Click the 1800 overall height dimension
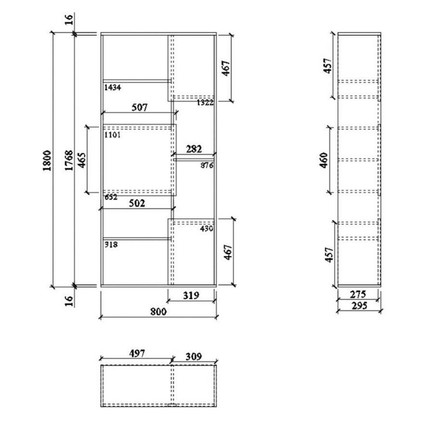[47, 160]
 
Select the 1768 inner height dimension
[68, 160]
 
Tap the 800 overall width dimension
[158, 311]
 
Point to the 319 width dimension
[191, 295]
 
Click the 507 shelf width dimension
[139, 107]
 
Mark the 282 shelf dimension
[194, 149]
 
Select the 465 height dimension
[83, 160]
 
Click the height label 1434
[112, 88]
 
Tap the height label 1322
[205, 102]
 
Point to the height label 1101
[112, 135]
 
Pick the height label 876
[207, 165]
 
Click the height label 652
[111, 197]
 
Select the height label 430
[206, 229]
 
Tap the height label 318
[111, 245]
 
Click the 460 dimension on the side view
[324, 160]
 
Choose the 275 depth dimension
[358, 294]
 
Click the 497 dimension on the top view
[137, 353]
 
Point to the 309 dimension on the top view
[193, 356]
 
